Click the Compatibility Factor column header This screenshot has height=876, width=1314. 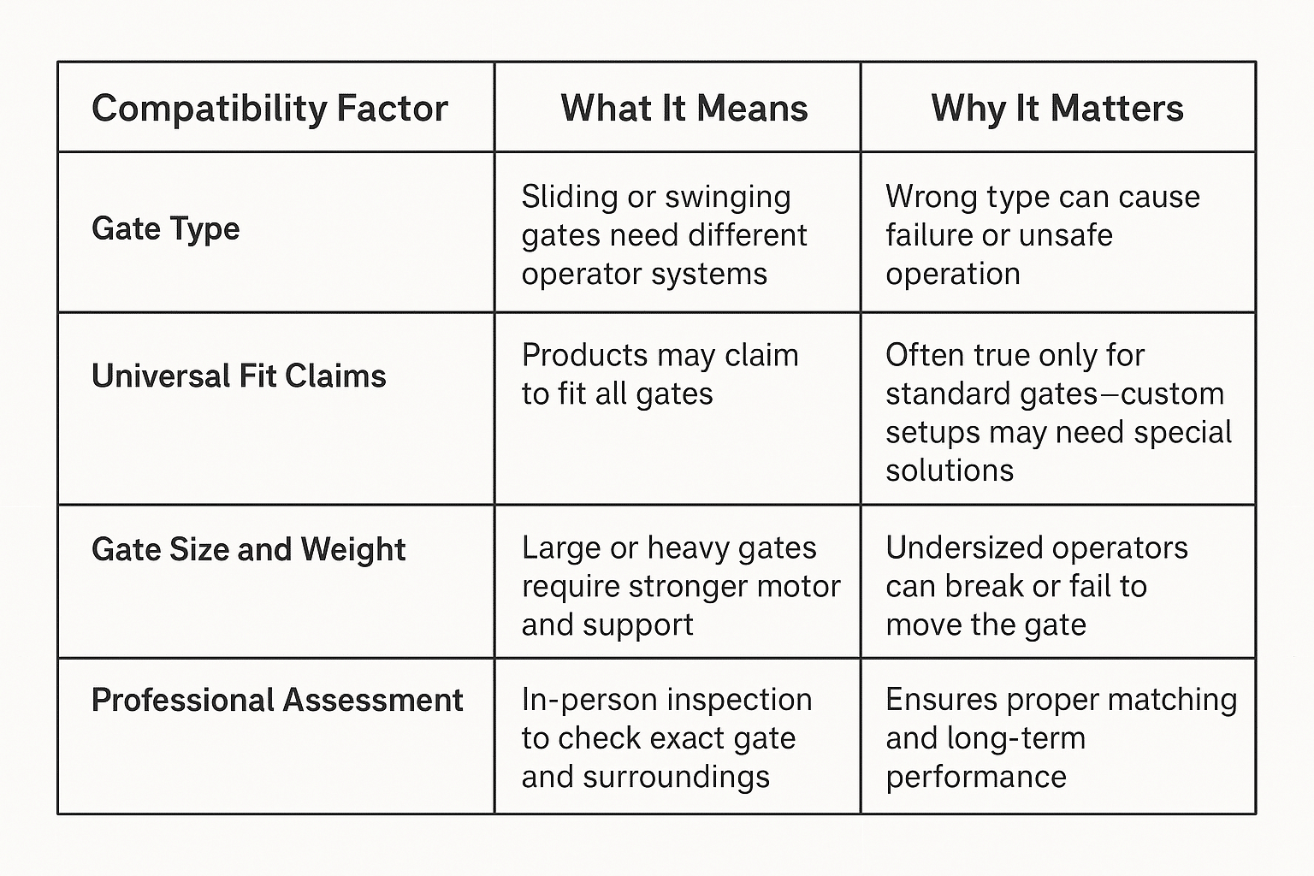coord(269,109)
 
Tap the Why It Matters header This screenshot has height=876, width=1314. coord(1057,109)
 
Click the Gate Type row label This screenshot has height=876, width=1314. coord(165,228)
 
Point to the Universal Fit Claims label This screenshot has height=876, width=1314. coord(239,376)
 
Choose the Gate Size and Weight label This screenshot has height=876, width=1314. coord(249,550)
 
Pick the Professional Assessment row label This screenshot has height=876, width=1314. coord(277,700)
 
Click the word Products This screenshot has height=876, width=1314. coord(584,355)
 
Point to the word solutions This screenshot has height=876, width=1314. coord(950,470)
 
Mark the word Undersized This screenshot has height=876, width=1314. coord(964,547)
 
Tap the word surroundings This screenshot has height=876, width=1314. coord(675,778)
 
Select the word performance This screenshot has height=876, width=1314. coord(976,778)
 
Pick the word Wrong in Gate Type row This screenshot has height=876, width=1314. coord(932,197)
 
